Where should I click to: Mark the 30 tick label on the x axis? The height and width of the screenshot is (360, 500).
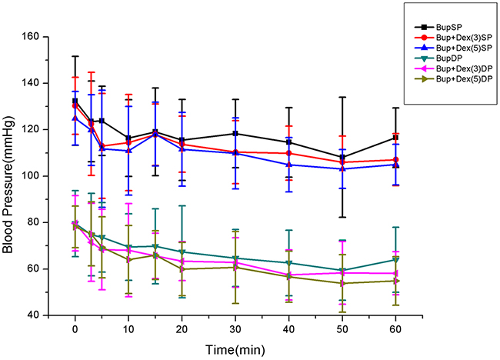[x=235, y=328]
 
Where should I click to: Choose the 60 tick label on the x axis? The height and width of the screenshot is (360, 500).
[x=395, y=328]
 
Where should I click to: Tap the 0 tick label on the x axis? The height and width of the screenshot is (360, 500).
[x=75, y=328]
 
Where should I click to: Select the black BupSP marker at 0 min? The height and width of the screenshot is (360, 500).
[x=75, y=101]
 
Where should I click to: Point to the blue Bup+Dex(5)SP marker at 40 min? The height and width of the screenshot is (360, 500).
[x=289, y=165]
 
